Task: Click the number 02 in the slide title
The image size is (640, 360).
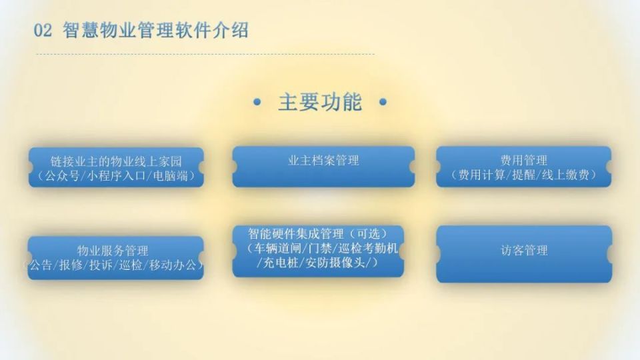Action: click(x=43, y=31)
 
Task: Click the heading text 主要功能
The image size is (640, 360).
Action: click(x=320, y=102)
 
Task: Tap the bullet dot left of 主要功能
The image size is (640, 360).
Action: click(x=257, y=103)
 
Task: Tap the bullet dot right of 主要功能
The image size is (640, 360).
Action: click(x=382, y=103)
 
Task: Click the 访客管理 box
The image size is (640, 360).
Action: click(x=524, y=251)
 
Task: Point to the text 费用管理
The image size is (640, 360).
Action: click(x=523, y=161)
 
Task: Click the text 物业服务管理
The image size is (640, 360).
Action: click(x=113, y=251)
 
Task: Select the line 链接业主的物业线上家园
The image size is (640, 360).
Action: click(x=116, y=161)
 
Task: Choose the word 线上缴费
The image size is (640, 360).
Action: click(x=567, y=175)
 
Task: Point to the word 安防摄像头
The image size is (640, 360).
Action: click(x=339, y=263)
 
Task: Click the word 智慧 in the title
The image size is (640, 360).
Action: click(x=81, y=31)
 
